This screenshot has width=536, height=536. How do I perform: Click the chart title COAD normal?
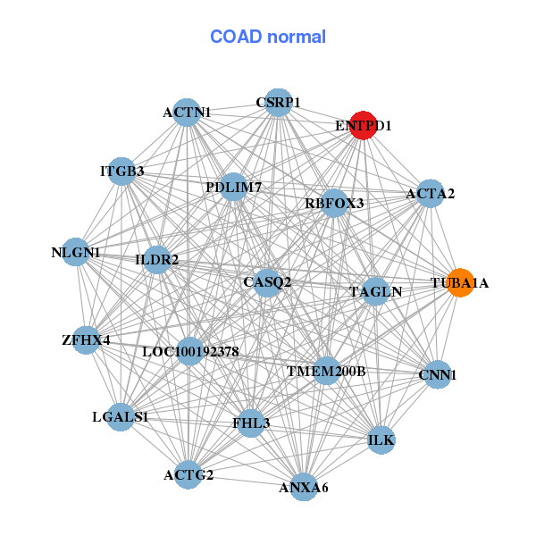pos(268,37)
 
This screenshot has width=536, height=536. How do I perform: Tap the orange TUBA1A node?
pos(459,283)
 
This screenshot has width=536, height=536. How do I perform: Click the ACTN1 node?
pos(187,113)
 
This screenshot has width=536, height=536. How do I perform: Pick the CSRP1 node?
pos(278,103)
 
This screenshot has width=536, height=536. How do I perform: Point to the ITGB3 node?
pos(121,171)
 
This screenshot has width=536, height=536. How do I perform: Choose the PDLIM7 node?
pos(233,188)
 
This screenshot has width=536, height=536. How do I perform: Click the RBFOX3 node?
pos(334,204)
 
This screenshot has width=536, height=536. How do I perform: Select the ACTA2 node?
pos(430,194)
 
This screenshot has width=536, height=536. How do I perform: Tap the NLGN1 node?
pos(76,253)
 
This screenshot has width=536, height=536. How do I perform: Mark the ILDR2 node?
pos(157,260)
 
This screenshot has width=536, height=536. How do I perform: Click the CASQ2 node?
pos(267,282)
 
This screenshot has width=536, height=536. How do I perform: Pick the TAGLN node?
pos(375,291)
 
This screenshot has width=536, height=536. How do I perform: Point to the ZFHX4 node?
pos(86,340)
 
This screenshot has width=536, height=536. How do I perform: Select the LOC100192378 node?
pos(190,351)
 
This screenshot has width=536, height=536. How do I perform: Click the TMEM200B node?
pos(326,370)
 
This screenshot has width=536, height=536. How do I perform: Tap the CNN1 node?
pos(437,375)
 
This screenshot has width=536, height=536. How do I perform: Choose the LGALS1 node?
pos(121,416)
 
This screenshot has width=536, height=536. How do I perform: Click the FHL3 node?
pos(251,422)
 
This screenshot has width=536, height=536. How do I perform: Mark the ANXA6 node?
pos(304,487)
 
